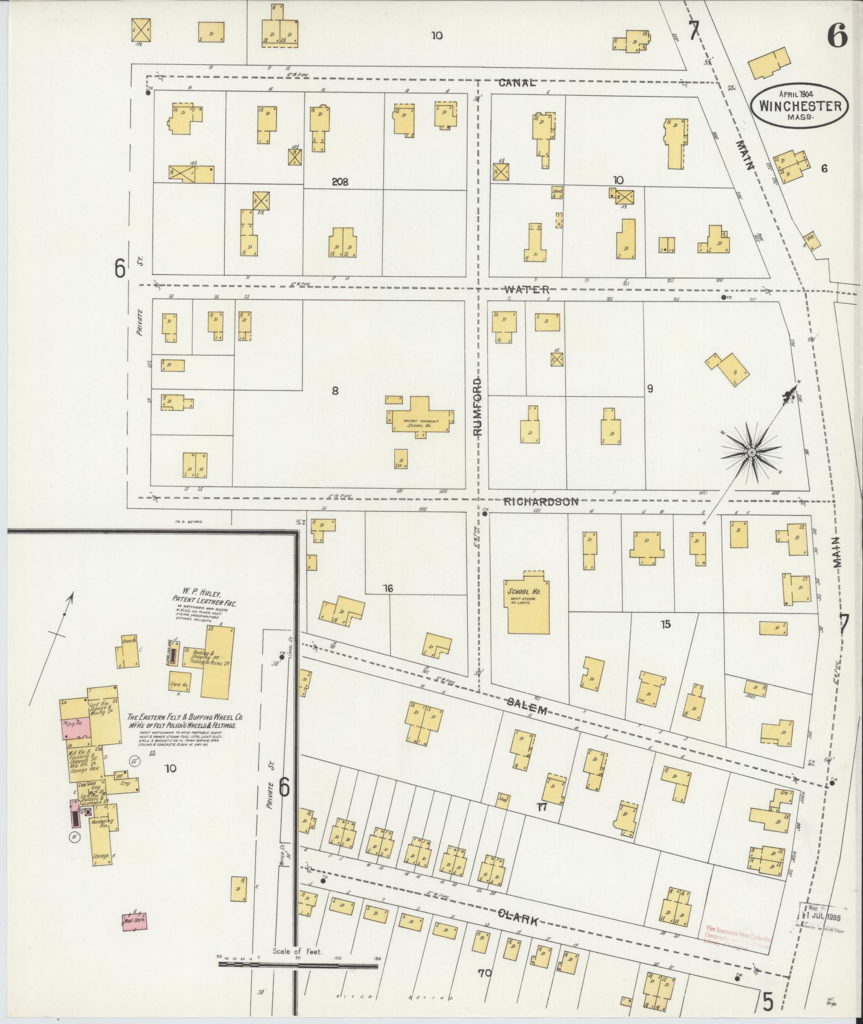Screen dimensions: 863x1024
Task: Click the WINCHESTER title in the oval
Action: click(799, 105)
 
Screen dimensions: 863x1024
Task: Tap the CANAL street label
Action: click(517, 82)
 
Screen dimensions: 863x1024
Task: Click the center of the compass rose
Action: click(751, 453)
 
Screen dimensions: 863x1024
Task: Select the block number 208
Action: click(340, 181)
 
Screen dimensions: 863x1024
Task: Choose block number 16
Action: click(388, 589)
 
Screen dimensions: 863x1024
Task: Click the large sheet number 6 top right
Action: click(837, 36)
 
